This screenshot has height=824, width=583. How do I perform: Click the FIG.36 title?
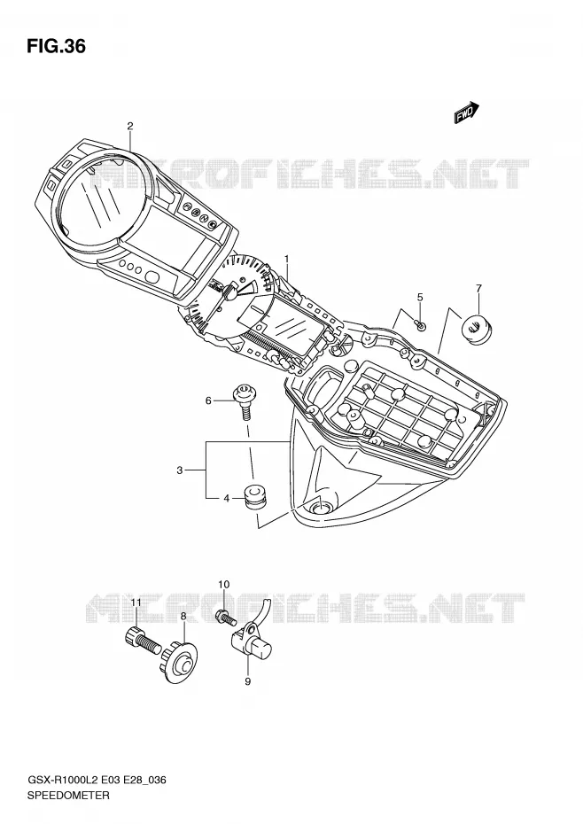coord(56,46)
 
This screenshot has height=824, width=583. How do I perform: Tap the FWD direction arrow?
coord(466,113)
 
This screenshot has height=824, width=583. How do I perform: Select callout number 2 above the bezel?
coord(130,126)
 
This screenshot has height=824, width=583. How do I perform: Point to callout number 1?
coord(287,258)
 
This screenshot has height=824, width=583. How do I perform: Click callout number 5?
coord(420,298)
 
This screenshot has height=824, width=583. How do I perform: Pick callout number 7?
coord(479,288)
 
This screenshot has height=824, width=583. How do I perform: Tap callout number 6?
coord(208,401)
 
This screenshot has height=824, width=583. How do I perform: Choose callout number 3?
coord(179,470)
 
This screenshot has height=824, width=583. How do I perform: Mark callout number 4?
coord(227,498)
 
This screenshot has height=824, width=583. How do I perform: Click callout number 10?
coord(223,585)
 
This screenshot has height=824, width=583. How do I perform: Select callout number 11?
coord(136,602)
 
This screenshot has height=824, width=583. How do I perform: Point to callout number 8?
coord(183,616)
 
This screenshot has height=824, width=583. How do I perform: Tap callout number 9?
coord(247,681)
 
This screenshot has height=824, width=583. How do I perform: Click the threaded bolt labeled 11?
coord(142,641)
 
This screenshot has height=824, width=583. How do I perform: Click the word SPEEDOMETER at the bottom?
coord(68,795)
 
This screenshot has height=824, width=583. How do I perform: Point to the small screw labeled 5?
coord(422,326)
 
